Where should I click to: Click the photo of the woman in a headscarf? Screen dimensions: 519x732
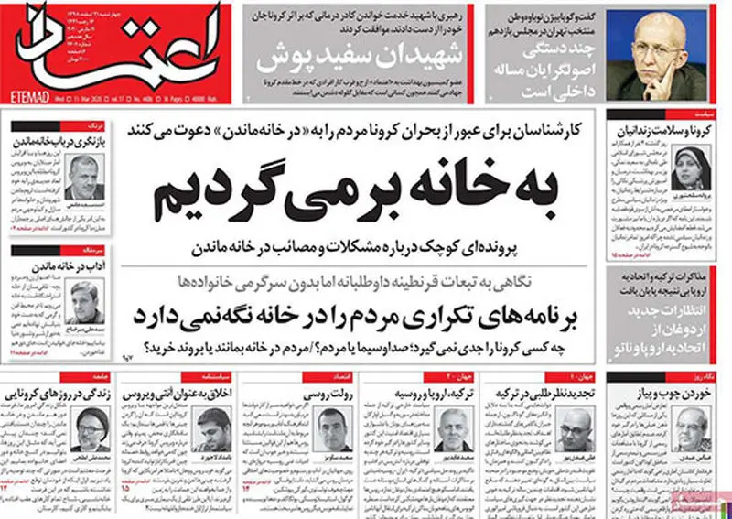686,167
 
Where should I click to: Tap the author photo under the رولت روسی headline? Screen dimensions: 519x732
333,425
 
